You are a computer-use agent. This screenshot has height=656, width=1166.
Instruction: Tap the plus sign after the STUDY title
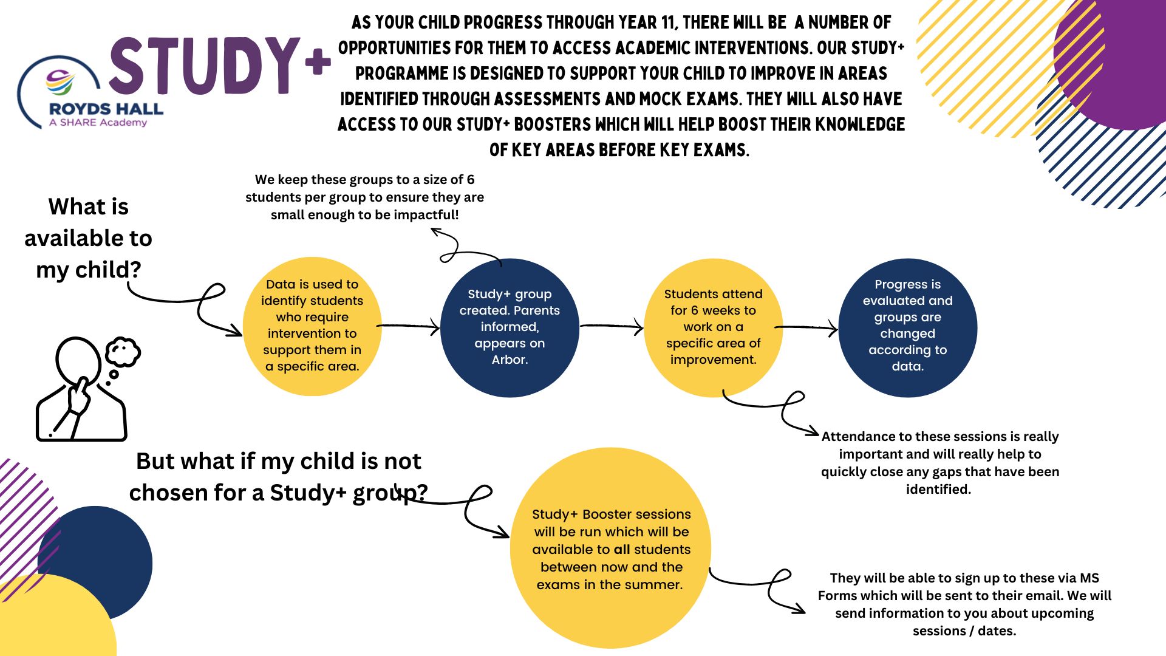(318, 62)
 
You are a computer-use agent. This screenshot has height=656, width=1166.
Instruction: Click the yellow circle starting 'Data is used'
(312, 327)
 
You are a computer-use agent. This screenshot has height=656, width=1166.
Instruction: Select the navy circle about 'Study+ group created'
(510, 328)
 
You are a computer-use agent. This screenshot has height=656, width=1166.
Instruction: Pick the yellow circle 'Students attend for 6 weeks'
(713, 328)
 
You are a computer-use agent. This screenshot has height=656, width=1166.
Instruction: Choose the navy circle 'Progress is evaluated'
(908, 328)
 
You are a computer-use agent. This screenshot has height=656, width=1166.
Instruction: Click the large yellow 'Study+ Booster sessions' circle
(610, 548)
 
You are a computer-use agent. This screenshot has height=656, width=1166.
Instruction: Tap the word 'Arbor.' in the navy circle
(510, 360)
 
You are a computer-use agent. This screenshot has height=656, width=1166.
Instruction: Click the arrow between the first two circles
(408, 327)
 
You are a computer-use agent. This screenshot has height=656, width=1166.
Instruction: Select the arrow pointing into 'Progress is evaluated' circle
(806, 328)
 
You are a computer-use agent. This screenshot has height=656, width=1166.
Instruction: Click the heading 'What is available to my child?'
(88, 238)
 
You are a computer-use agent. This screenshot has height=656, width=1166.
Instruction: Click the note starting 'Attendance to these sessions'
(939, 463)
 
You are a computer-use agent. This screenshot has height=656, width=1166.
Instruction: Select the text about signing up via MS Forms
(964, 604)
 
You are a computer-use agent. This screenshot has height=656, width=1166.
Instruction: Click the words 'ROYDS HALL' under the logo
(106, 109)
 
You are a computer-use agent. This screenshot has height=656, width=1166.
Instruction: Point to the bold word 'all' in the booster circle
(622, 549)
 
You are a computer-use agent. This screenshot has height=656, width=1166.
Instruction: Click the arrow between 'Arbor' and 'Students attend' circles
(612, 327)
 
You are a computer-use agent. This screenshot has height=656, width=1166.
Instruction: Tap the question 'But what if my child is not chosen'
(279, 477)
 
